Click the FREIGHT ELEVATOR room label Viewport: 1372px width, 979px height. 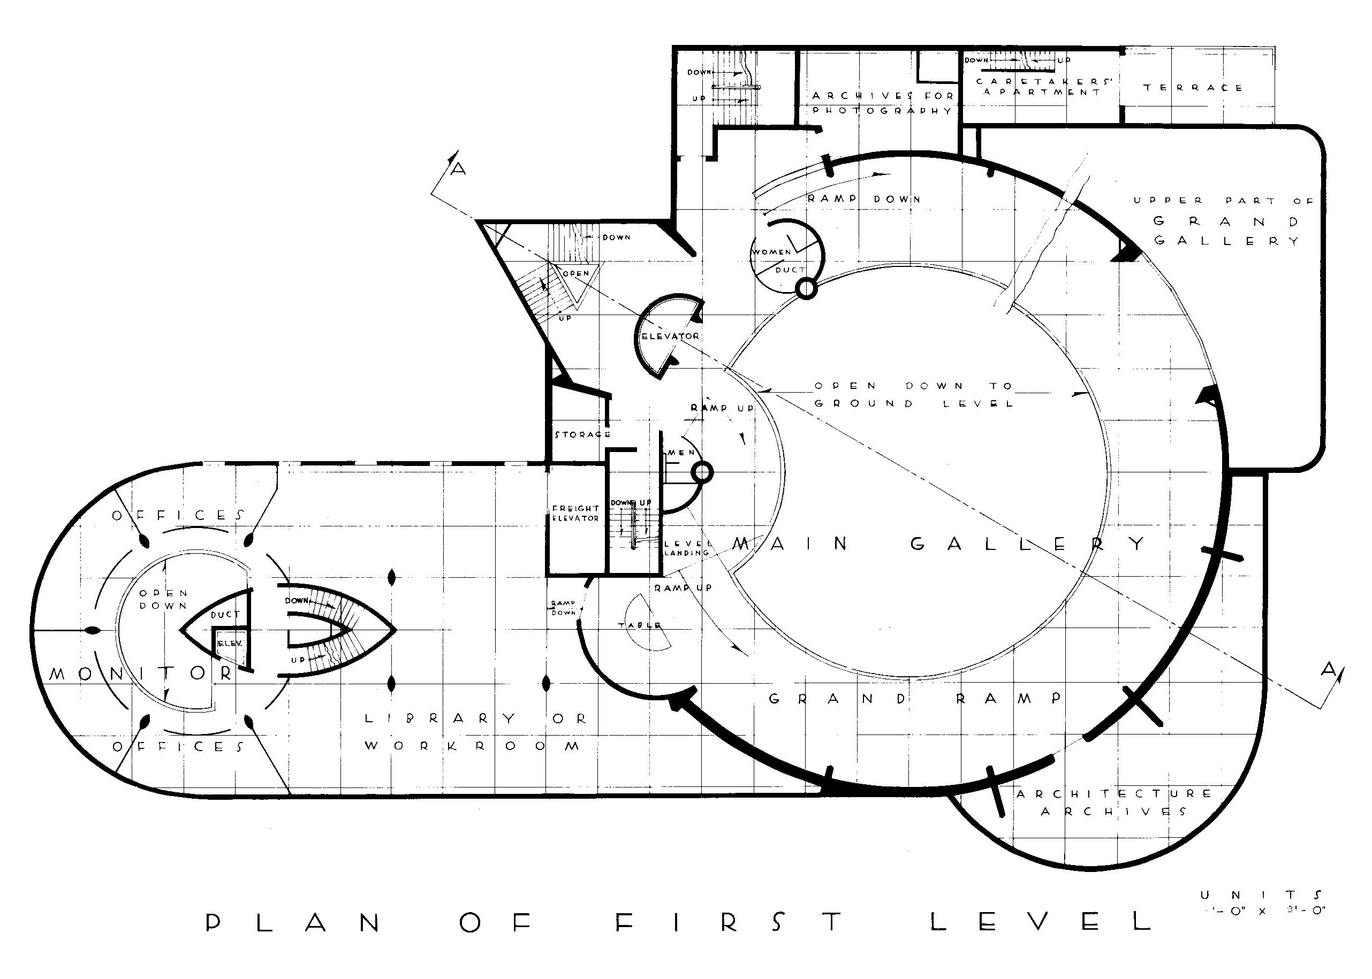click(x=575, y=513)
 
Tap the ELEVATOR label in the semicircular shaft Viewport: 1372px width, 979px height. click(x=670, y=336)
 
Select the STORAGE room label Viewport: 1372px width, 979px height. click(x=582, y=434)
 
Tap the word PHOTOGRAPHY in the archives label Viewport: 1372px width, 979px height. click(x=882, y=111)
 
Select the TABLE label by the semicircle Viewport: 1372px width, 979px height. click(x=640, y=626)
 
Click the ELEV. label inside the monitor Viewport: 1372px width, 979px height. click(x=230, y=643)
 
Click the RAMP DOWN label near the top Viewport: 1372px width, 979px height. click(x=863, y=199)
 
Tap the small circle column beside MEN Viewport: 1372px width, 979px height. click(x=702, y=472)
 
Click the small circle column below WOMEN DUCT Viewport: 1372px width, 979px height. click(x=806, y=290)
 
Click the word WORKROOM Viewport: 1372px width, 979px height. click(x=472, y=746)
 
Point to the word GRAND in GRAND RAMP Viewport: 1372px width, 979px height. click(x=839, y=699)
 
